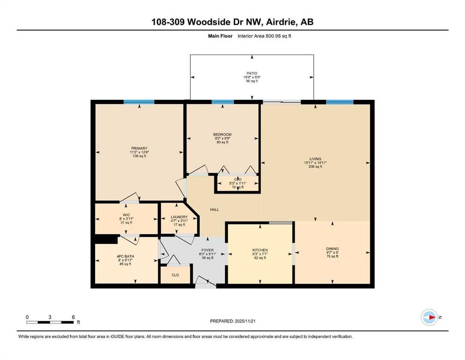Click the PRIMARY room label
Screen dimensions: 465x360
click(x=140, y=149)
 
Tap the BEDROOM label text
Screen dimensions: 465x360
click(x=222, y=135)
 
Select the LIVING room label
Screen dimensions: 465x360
click(x=315, y=159)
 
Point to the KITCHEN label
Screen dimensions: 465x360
click(x=260, y=250)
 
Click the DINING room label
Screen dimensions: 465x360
click(x=332, y=249)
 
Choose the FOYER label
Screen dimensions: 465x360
click(x=207, y=250)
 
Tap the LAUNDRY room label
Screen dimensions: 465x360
click(x=179, y=217)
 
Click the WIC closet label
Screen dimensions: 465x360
click(x=126, y=215)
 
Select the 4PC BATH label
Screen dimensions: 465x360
click(x=125, y=256)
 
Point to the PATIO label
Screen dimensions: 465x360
click(x=252, y=73)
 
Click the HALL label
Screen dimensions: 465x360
click(x=214, y=210)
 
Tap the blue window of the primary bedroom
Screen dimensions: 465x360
click(x=139, y=102)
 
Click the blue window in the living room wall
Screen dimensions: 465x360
click(x=340, y=102)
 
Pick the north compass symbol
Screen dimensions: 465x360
click(x=430, y=317)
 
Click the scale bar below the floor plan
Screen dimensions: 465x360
click(x=50, y=322)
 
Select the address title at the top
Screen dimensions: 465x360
click(x=232, y=22)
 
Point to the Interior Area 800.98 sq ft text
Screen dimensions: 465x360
click(x=264, y=36)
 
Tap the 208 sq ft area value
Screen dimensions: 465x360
click(x=315, y=166)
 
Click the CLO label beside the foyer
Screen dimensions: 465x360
click(x=175, y=275)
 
